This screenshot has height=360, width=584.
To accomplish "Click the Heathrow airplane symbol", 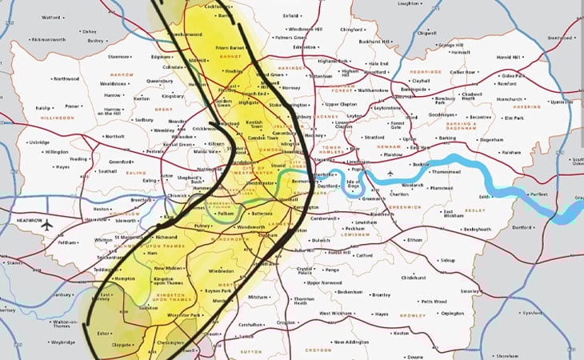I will [46, 224].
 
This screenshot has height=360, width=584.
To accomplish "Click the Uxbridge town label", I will [38, 142].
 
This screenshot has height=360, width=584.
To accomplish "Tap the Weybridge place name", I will [60, 342].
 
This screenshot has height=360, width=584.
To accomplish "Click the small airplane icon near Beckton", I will [390, 173].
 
